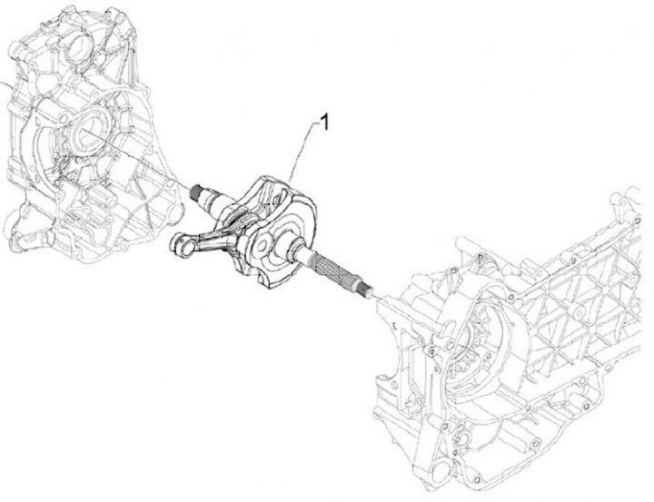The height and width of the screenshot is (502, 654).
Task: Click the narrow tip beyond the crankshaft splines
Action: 370,291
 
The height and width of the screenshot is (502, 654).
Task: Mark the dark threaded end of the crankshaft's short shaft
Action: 196,190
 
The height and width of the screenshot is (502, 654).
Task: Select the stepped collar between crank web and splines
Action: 297,249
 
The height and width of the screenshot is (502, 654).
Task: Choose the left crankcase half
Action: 91,136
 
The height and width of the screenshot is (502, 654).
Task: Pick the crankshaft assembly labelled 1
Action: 263,227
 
